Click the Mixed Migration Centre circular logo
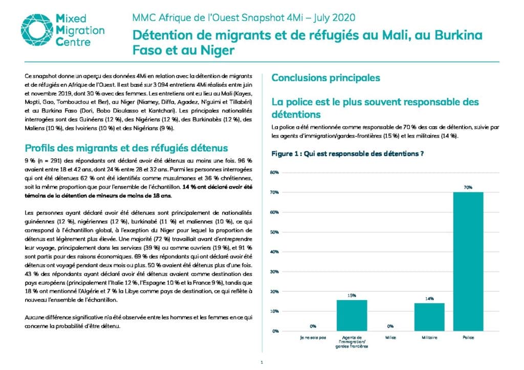pyautogui.click(x=37, y=30)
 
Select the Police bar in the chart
pyautogui.click(x=468, y=262)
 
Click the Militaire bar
pyautogui.click(x=429, y=317)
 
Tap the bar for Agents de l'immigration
pyautogui.click(x=352, y=316)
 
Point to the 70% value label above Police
pyautogui.click(x=468, y=188)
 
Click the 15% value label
pyautogui.click(x=352, y=295)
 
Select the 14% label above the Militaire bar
pyautogui.click(x=429, y=298)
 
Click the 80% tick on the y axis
pyautogui.click(x=274, y=173)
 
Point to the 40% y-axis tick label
pyautogui.click(x=274, y=252)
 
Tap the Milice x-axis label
pyautogui.click(x=390, y=338)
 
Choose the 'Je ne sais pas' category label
pyautogui.click(x=313, y=338)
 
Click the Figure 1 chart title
pyautogui.click(x=347, y=154)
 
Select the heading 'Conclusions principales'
pyautogui.click(x=326, y=78)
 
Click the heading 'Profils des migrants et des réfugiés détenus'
pyautogui.click(x=126, y=148)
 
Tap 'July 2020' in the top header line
pyautogui.click(x=334, y=18)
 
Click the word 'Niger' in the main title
pyautogui.click(x=217, y=51)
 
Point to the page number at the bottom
pyautogui.click(x=261, y=362)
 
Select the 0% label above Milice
pyautogui.click(x=390, y=326)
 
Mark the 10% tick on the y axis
pyautogui.click(x=274, y=311)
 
